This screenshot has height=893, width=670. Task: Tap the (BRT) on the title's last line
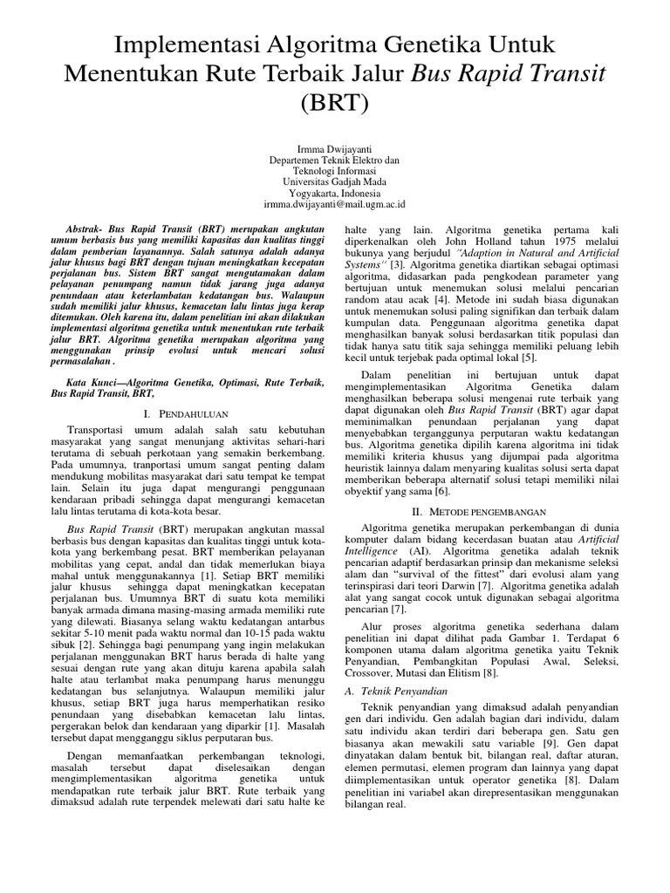pyautogui.click(x=335, y=106)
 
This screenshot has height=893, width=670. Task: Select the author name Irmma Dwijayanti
pyautogui.click(x=335, y=150)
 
